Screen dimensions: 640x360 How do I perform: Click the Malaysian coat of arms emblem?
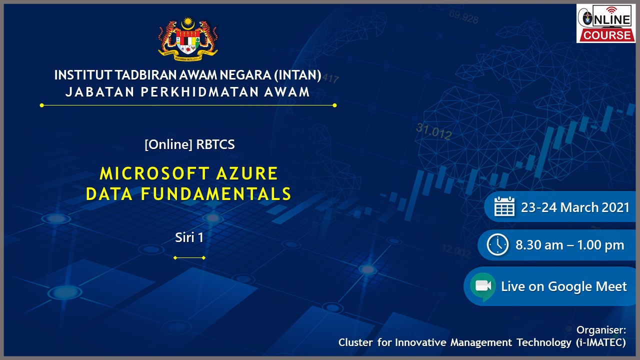[188, 39]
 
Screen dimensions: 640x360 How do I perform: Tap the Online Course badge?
[605, 23]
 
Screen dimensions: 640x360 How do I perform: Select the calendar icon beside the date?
[504, 206]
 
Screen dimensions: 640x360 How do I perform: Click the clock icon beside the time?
[497, 244]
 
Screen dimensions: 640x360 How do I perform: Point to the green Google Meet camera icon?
[483, 286]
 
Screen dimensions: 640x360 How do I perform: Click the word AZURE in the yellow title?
[247, 173]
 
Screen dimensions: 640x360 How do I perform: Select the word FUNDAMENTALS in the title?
[215, 194]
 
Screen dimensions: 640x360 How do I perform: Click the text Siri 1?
[189, 237]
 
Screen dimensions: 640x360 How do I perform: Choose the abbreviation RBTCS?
[215, 144]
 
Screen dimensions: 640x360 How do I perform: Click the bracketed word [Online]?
[168, 144]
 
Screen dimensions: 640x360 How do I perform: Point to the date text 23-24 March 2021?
[575, 207]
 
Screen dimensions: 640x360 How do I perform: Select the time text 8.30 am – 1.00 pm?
[569, 245]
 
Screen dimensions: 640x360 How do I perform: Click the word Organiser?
[601, 330]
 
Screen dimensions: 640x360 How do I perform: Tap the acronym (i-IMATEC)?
[601, 342]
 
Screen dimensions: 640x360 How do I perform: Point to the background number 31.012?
[433, 131]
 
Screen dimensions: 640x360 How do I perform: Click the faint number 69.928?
[463, 17]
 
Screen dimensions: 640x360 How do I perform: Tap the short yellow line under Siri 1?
[189, 257]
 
